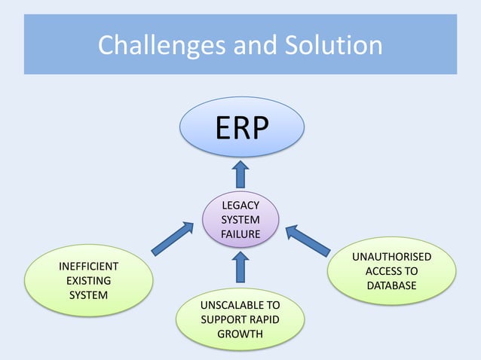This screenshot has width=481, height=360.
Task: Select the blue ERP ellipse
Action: click(241, 128)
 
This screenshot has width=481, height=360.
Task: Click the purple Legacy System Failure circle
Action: click(240, 219)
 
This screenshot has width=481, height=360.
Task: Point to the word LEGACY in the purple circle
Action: click(240, 205)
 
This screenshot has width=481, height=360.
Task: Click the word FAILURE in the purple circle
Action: click(240, 234)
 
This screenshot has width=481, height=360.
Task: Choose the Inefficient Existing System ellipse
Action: click(89, 280)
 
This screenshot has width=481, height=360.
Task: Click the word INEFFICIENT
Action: click(89, 266)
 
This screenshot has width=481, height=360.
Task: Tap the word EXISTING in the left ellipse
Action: click(89, 280)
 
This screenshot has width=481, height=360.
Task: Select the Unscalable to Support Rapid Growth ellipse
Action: click(240, 319)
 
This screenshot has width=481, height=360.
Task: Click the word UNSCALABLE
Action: click(240, 305)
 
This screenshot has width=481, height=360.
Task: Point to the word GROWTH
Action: click(240, 334)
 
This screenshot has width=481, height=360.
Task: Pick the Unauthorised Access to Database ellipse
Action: click(392, 271)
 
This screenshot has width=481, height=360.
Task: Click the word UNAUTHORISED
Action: click(392, 257)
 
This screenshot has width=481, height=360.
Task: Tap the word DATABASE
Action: click(392, 285)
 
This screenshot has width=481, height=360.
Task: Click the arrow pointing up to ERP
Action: click(240, 174)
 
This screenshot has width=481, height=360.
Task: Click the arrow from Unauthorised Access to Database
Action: click(308, 240)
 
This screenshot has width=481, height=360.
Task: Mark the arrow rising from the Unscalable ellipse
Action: click(240, 267)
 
